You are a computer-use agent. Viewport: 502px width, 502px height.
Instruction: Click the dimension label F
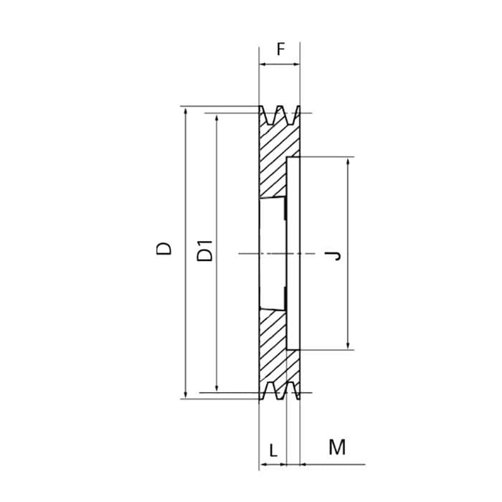coord(281,49)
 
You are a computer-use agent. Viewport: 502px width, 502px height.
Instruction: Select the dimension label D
coord(164,248)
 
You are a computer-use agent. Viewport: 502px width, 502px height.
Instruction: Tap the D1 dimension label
coord(204,251)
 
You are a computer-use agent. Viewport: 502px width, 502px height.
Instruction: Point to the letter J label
coord(333,255)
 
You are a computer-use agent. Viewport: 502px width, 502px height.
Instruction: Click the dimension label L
coord(273,451)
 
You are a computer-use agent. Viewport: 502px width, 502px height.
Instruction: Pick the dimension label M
coord(337,447)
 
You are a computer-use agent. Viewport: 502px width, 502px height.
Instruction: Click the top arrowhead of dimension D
coord(186,110)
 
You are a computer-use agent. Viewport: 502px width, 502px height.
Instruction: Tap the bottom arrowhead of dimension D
coord(186,394)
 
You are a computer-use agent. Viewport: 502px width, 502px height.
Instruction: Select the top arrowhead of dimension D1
coord(217,118)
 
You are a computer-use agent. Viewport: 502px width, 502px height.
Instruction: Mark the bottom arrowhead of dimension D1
coord(217,388)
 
